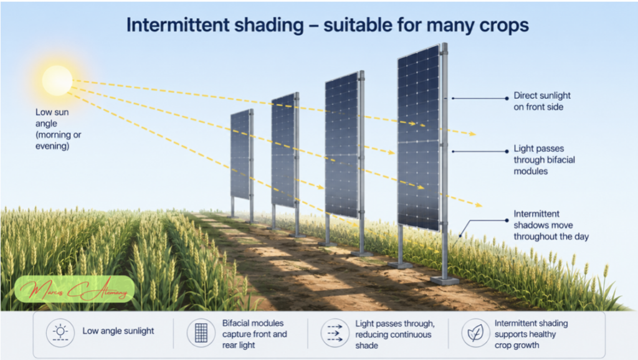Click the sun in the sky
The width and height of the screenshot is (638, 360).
pyautogui.click(x=57, y=80)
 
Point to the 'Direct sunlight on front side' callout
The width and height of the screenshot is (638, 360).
pyautogui.click(x=541, y=101)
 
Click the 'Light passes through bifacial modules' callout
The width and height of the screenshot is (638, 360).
pyautogui.click(x=544, y=159)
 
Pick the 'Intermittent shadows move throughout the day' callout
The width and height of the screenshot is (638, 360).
pyautogui.click(x=551, y=225)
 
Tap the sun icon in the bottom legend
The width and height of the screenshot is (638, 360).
pyautogui.click(x=60, y=333)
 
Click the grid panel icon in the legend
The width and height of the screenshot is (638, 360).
pyautogui.click(x=201, y=333)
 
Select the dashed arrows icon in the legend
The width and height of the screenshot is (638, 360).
pyautogui.click(x=335, y=333)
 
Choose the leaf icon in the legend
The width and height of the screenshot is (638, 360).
pyautogui.click(x=475, y=333)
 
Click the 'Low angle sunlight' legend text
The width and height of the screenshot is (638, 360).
pyautogui.click(x=118, y=331)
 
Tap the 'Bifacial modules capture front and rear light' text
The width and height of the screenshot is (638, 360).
pyautogui.click(x=254, y=334)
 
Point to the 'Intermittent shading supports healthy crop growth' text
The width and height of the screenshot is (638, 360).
pyautogui.click(x=531, y=334)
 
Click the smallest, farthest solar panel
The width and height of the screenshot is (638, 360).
pyautogui.click(x=240, y=154)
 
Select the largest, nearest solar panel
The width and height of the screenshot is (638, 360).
pyautogui.click(x=419, y=138)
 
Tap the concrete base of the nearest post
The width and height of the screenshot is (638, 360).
pyautogui.click(x=445, y=280)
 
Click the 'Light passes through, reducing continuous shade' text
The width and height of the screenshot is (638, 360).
pyautogui.click(x=394, y=334)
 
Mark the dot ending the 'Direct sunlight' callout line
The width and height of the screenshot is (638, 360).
pyautogui.click(x=507, y=98)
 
